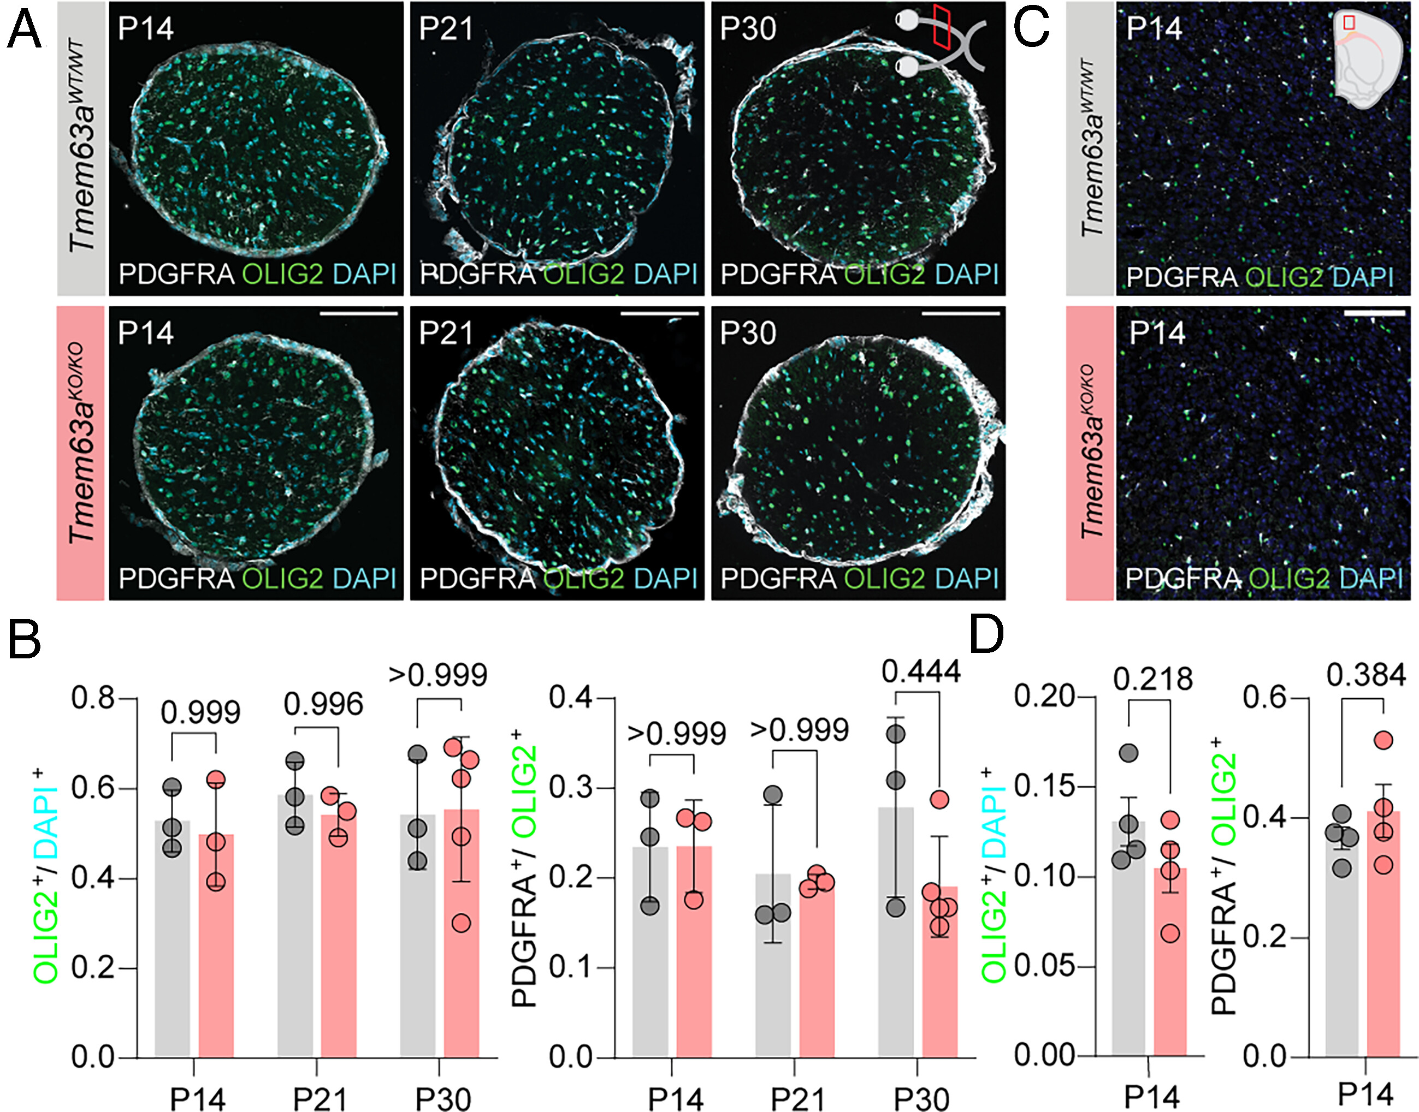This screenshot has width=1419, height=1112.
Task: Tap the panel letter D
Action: (986, 635)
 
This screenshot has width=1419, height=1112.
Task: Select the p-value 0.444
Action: (921, 671)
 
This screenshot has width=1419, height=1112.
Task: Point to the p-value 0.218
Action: (1152, 679)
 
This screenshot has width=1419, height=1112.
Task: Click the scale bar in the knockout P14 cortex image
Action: (1374, 313)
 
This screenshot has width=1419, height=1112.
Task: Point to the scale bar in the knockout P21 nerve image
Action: (660, 314)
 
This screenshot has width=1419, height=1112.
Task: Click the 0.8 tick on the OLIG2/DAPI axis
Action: (93, 699)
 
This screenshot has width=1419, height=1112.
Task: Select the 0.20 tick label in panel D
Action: (1043, 696)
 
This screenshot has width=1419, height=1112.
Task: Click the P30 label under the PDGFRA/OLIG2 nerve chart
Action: (922, 1099)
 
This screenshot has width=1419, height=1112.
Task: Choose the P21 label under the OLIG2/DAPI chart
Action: (319, 1099)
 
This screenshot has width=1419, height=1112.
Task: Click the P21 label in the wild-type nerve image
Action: (446, 28)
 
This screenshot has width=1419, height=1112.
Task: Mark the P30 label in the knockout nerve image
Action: (748, 334)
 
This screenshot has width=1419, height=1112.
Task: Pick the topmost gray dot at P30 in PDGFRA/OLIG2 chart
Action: (896, 734)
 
